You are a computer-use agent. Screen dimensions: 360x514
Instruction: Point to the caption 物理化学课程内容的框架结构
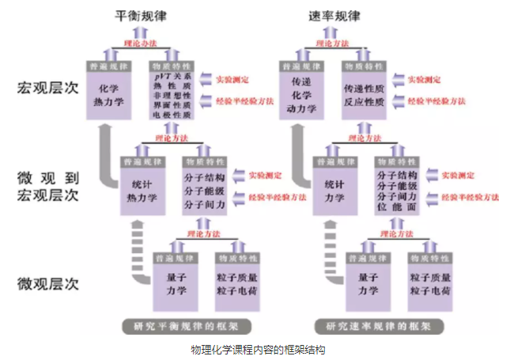tap(258, 349)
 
